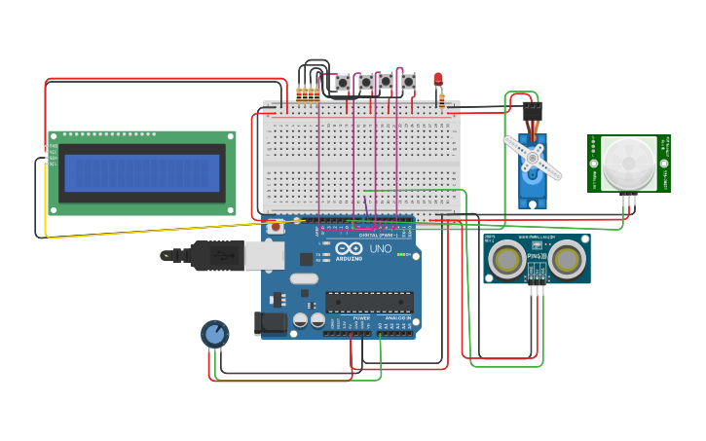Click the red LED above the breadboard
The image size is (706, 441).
click(438, 78)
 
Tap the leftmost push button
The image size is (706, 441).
click(343, 83)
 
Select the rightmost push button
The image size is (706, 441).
click(409, 82)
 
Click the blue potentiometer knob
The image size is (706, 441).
click(215, 334)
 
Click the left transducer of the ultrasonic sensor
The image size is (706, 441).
click(506, 259)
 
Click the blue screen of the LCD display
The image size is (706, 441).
click(142, 173)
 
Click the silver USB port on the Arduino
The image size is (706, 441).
click(264, 255)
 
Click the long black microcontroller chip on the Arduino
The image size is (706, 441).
click(369, 302)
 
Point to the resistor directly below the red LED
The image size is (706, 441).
click(442, 99)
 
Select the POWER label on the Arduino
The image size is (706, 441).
click(361, 318)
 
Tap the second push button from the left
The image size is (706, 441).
click(366, 83)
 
